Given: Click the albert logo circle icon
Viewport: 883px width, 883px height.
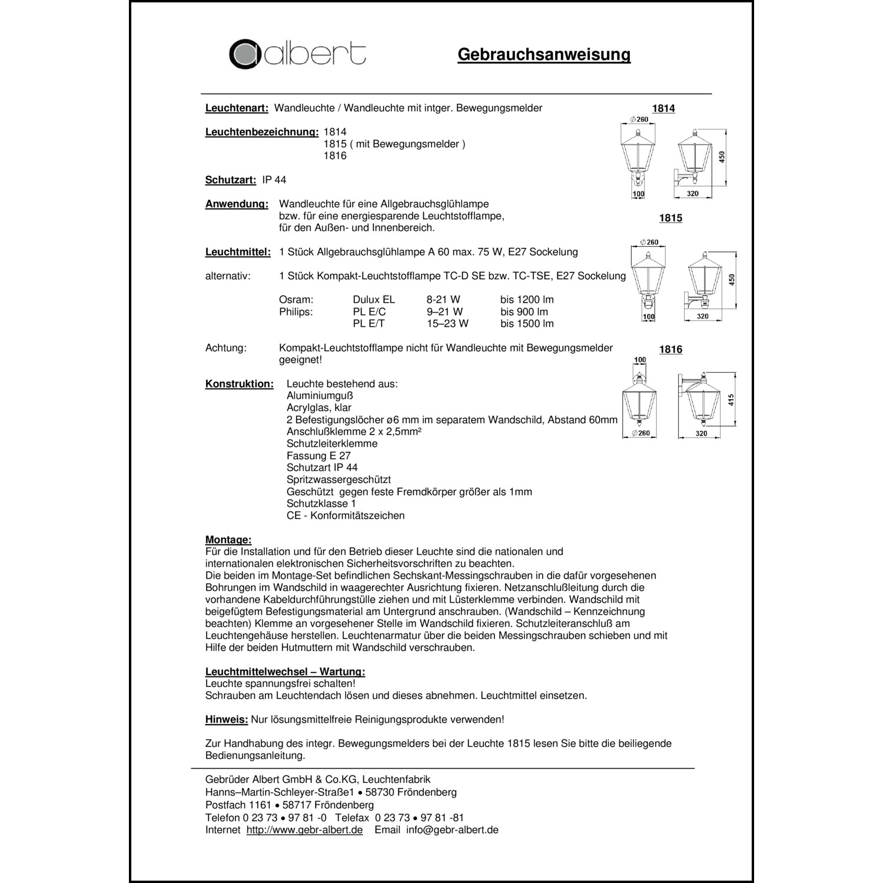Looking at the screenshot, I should (x=245, y=54).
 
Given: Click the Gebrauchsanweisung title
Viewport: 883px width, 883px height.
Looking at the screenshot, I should (x=544, y=55).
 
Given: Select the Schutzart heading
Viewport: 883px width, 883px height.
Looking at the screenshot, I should (x=231, y=180).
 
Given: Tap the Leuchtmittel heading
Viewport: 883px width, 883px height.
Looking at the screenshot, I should (x=238, y=252).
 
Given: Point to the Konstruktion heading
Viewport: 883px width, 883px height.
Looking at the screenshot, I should (x=240, y=384).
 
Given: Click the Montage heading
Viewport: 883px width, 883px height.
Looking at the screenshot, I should (x=228, y=540).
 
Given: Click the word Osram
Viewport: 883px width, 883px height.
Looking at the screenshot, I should (x=296, y=300).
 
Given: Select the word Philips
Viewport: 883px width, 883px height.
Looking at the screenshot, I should (x=296, y=311).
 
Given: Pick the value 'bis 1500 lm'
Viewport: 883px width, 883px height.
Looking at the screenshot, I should (x=527, y=324).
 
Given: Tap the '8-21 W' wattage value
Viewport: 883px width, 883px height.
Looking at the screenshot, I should (x=443, y=300).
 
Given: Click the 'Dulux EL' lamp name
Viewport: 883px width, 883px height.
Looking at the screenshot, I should (x=374, y=300).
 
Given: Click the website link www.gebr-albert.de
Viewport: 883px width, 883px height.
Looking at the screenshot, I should (x=304, y=829).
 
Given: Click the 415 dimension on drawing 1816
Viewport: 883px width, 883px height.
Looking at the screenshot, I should (x=731, y=400).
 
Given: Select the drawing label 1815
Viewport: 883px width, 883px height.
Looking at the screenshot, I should (x=670, y=218).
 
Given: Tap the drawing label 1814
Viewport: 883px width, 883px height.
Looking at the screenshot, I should (x=663, y=108).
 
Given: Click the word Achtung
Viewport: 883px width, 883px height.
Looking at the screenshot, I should (x=226, y=348).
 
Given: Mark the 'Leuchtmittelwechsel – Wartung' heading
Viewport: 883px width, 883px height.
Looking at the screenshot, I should (x=285, y=672).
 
